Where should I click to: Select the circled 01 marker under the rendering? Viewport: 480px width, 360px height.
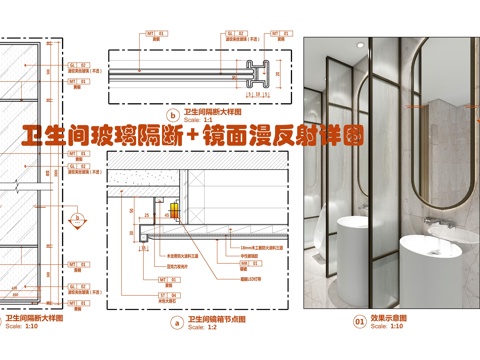click(359, 322)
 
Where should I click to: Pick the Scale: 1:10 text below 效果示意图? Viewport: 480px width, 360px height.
click(385, 328)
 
